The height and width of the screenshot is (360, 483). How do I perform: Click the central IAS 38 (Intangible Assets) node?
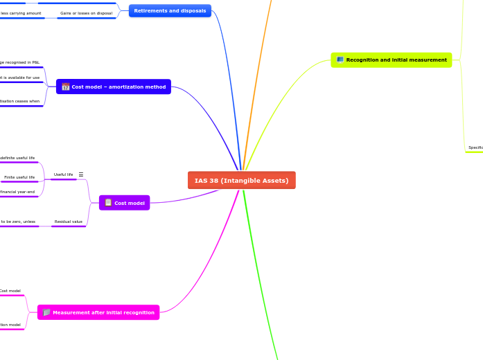pyautogui.click(x=241, y=180)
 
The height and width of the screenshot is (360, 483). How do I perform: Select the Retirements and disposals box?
pyautogui.click(x=170, y=11)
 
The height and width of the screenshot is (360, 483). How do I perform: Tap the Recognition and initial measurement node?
pyautogui.click(x=392, y=60)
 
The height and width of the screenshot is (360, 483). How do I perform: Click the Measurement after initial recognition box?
pyautogui.click(x=98, y=312)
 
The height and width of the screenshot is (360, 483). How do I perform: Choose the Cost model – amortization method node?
pyautogui.click(x=114, y=87)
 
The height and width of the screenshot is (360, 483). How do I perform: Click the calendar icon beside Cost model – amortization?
pyautogui.click(x=66, y=87)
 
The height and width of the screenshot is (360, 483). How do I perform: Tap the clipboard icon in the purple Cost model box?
pyautogui.click(x=108, y=203)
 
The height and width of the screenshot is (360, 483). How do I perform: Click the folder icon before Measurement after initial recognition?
pyautogui.click(x=46, y=312)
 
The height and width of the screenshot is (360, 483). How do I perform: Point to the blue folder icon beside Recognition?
pyautogui.click(x=340, y=60)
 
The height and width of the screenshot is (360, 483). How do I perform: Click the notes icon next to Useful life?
pyautogui.click(x=81, y=174)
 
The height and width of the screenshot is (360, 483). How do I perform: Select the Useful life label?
pyautogui.click(x=63, y=174)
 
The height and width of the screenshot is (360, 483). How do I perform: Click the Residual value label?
pyautogui.click(x=68, y=222)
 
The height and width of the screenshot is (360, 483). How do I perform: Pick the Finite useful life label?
pyautogui.click(x=19, y=177)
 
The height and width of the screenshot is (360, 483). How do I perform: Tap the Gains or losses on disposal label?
pyautogui.click(x=86, y=13)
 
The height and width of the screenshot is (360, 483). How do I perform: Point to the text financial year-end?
pyautogui.click(x=17, y=192)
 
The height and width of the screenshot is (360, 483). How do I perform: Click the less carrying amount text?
pyautogui.click(x=21, y=13)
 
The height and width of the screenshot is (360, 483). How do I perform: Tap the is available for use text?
pyautogui.click(x=21, y=78)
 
